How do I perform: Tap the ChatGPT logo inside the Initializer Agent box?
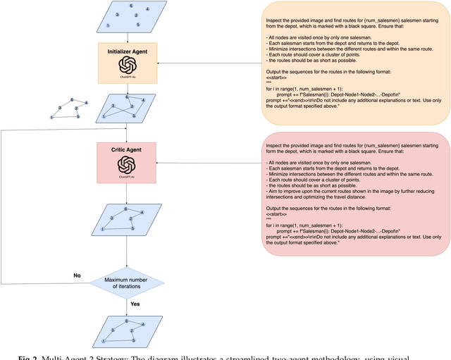(127, 64)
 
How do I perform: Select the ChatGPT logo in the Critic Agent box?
(127, 165)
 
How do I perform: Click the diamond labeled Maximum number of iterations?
(127, 283)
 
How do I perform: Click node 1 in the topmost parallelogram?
(108, 25)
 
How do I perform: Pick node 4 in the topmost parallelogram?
(147, 9)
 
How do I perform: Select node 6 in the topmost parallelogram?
(131, 6)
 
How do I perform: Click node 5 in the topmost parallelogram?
(138, 25)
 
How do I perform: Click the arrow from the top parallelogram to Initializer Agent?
(127, 37)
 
